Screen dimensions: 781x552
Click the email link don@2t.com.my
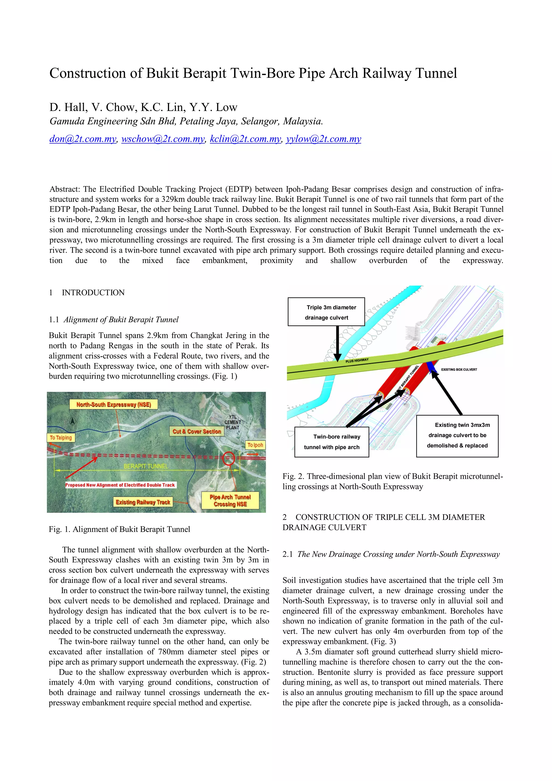click(x=83, y=139)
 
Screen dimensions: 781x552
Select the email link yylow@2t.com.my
click(x=323, y=139)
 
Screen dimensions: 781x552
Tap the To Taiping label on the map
click(x=61, y=437)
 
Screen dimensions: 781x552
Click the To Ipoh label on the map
click(x=255, y=445)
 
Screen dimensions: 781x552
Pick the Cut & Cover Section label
click(x=196, y=431)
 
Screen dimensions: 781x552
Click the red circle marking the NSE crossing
click(x=229, y=458)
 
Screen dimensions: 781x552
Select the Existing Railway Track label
click(x=143, y=502)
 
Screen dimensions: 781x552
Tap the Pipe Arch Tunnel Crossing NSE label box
click(x=230, y=500)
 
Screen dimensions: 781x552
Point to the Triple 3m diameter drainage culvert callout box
click(x=326, y=312)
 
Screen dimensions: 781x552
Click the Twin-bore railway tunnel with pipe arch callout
click(x=332, y=441)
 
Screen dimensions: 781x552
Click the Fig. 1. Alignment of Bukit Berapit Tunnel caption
click(x=119, y=529)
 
